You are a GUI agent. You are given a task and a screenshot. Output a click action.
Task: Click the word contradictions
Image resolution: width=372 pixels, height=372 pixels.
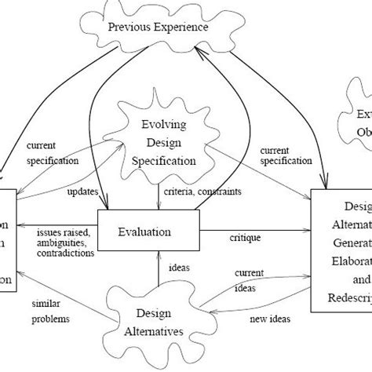(x=66, y=254)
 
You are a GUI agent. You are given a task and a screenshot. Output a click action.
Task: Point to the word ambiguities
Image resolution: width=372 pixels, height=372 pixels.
(x=62, y=243)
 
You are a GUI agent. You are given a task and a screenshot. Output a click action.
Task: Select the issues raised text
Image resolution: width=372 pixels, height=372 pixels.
(x=63, y=232)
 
